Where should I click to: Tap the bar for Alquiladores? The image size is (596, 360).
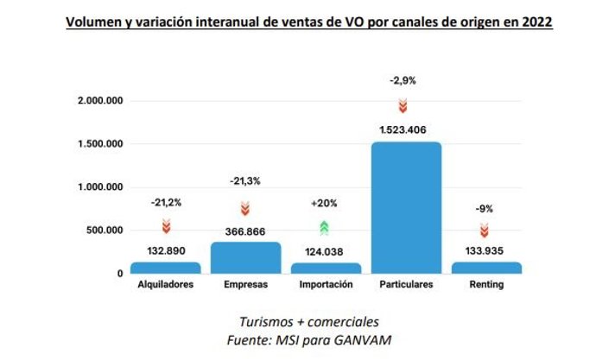pyautogui.click(x=165, y=268)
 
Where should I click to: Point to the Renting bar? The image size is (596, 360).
pyautogui.click(x=486, y=268)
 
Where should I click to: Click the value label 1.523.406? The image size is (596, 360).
pyautogui.click(x=406, y=131)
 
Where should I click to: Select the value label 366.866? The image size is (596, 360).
pyautogui.click(x=245, y=231)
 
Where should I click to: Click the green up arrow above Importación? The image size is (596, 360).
pyautogui.click(x=325, y=228)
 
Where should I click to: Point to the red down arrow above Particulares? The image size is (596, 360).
pyautogui.click(x=403, y=106)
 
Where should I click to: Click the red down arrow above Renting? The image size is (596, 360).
pyautogui.click(x=485, y=231)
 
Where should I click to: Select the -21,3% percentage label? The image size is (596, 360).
pyautogui.click(x=245, y=181)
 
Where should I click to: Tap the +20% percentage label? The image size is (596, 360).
pyautogui.click(x=325, y=204)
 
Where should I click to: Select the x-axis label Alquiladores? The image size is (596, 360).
pyautogui.click(x=165, y=285)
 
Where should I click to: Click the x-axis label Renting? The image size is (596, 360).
pyautogui.click(x=486, y=285)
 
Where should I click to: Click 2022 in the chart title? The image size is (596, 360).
pyautogui.click(x=536, y=23)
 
